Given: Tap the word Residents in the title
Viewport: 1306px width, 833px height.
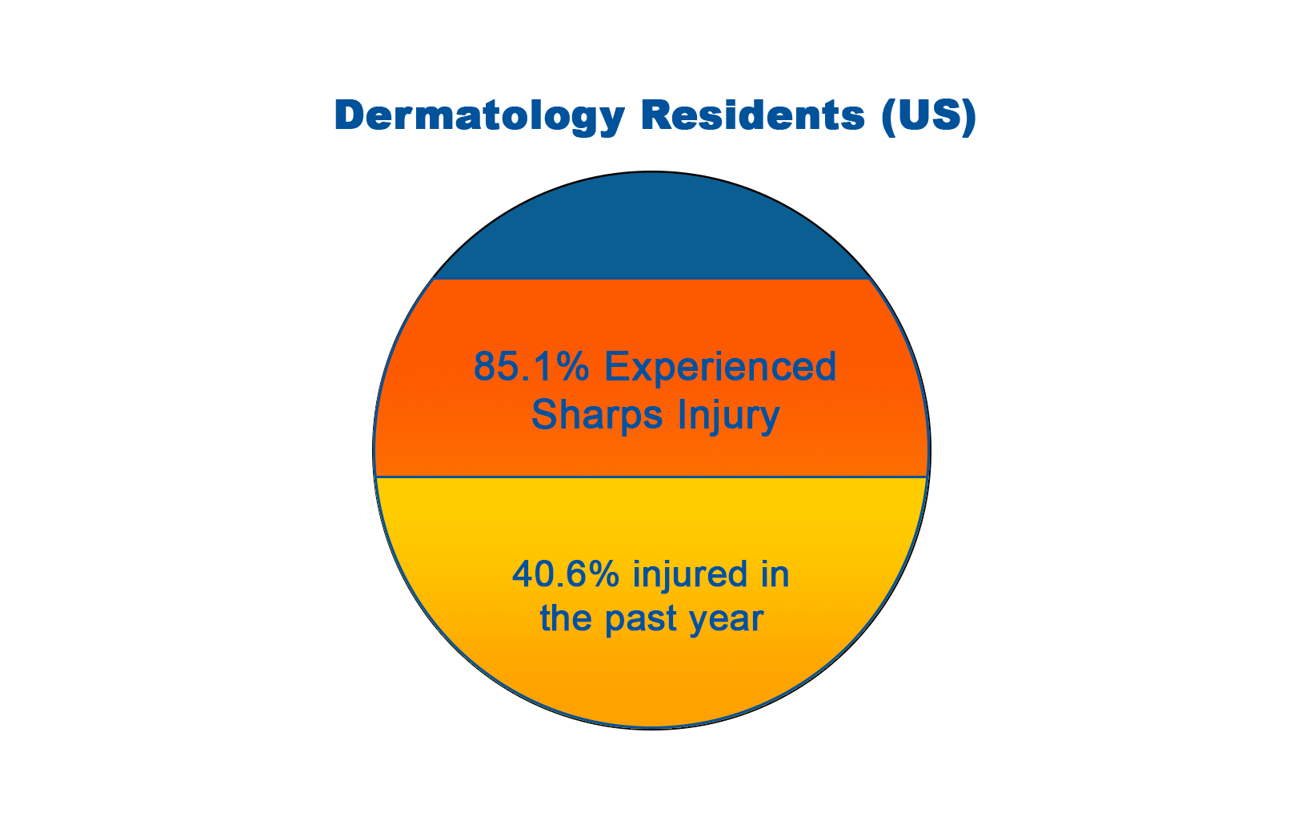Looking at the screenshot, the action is click(753, 115).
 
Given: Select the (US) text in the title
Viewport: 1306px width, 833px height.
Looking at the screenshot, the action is click(929, 117).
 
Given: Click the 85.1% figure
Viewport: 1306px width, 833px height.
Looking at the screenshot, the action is click(531, 367).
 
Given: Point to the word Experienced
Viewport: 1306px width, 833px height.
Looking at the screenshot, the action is click(720, 368).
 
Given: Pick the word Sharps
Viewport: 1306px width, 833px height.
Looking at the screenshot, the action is click(597, 416).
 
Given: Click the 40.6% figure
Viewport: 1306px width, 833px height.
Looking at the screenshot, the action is click(566, 573).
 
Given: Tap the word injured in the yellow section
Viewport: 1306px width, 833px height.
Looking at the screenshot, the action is click(691, 576).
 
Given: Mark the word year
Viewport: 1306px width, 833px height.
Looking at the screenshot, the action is click(726, 621).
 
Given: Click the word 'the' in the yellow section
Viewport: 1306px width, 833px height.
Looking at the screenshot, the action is click(565, 618).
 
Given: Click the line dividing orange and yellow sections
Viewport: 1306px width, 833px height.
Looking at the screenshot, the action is click(652, 477).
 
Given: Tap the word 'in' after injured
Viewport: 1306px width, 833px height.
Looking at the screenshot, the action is click(775, 573).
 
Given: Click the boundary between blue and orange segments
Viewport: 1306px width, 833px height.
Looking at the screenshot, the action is click(652, 280).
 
